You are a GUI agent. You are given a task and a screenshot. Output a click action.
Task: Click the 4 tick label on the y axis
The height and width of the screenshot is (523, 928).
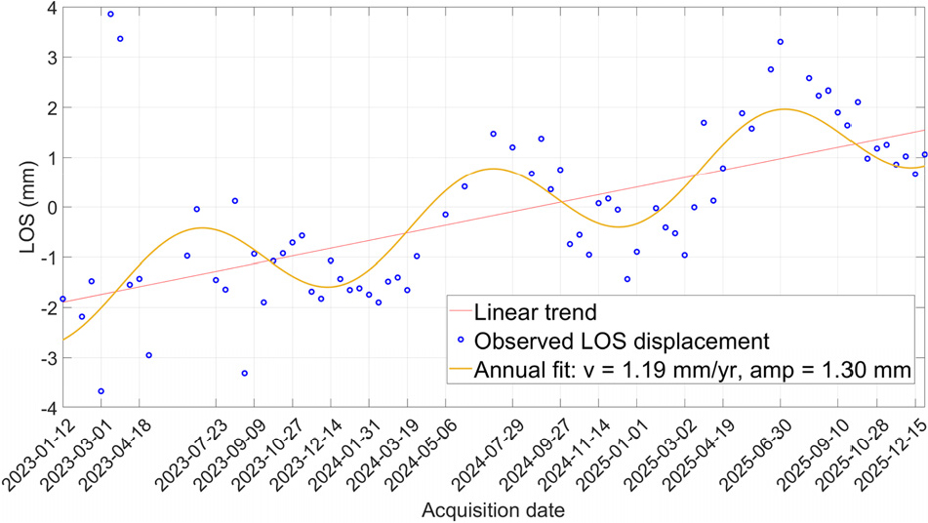coord(52,8)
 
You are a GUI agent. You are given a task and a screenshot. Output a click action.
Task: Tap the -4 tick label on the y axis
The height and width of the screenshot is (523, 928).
coord(48,408)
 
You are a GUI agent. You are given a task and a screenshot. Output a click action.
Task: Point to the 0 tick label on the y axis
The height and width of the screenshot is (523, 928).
coord(52,208)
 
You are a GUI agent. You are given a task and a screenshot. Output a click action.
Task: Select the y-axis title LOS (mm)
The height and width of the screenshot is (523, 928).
coord(27,208)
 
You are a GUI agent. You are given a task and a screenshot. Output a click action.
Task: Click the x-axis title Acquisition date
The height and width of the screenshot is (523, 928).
coord(493,510)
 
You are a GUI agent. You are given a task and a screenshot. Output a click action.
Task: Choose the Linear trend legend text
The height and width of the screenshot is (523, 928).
coord(535,312)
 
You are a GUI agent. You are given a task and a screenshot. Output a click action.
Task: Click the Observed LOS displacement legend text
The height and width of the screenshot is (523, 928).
coord(622,342)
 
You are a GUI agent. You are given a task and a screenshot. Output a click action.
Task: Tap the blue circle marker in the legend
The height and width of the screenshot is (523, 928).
coord(461,340)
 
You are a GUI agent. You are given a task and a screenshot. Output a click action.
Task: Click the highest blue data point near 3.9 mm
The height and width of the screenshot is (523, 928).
coord(110,15)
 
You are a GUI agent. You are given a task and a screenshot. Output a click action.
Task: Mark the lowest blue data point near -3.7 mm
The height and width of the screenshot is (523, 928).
coord(101,391)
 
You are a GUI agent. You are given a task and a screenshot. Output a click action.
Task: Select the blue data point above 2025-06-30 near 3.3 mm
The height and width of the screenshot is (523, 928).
coord(780,42)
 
